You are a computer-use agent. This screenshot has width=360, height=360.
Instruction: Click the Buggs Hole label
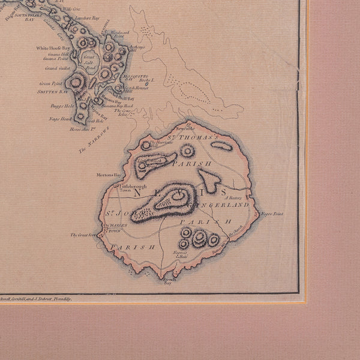(x=61, y=106)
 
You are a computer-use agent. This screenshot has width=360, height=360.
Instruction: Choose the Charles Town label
(x=113, y=229)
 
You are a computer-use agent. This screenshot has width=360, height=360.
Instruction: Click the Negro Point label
(x=272, y=214)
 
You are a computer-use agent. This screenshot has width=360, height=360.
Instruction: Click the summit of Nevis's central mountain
(x=179, y=195)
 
